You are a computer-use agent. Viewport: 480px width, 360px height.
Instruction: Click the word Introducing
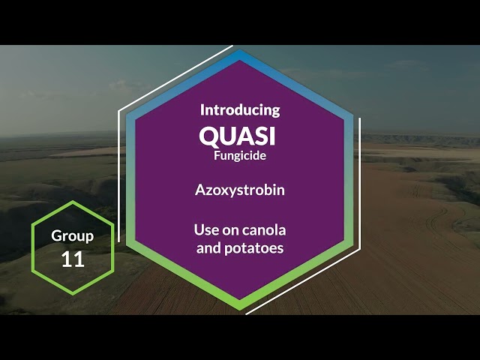tap(240, 109)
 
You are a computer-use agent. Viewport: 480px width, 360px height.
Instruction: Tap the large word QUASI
tap(238, 136)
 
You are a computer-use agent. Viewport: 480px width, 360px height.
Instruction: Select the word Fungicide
tap(240, 156)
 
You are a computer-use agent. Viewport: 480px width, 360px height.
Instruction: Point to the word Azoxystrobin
tap(240, 190)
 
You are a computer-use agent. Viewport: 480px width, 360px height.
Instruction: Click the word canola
tap(264, 229)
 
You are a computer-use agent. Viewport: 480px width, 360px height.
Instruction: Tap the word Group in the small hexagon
tap(73, 235)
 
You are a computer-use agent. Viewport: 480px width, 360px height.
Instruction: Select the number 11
tap(73, 259)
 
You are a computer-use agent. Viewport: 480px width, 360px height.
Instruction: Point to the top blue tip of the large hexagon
tap(240, 54)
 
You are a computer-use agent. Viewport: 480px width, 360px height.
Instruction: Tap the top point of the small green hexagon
tap(73, 202)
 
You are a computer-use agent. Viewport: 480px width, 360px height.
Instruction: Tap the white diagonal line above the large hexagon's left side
tap(176, 79)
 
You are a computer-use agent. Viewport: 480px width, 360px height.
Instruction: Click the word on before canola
tap(229, 229)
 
